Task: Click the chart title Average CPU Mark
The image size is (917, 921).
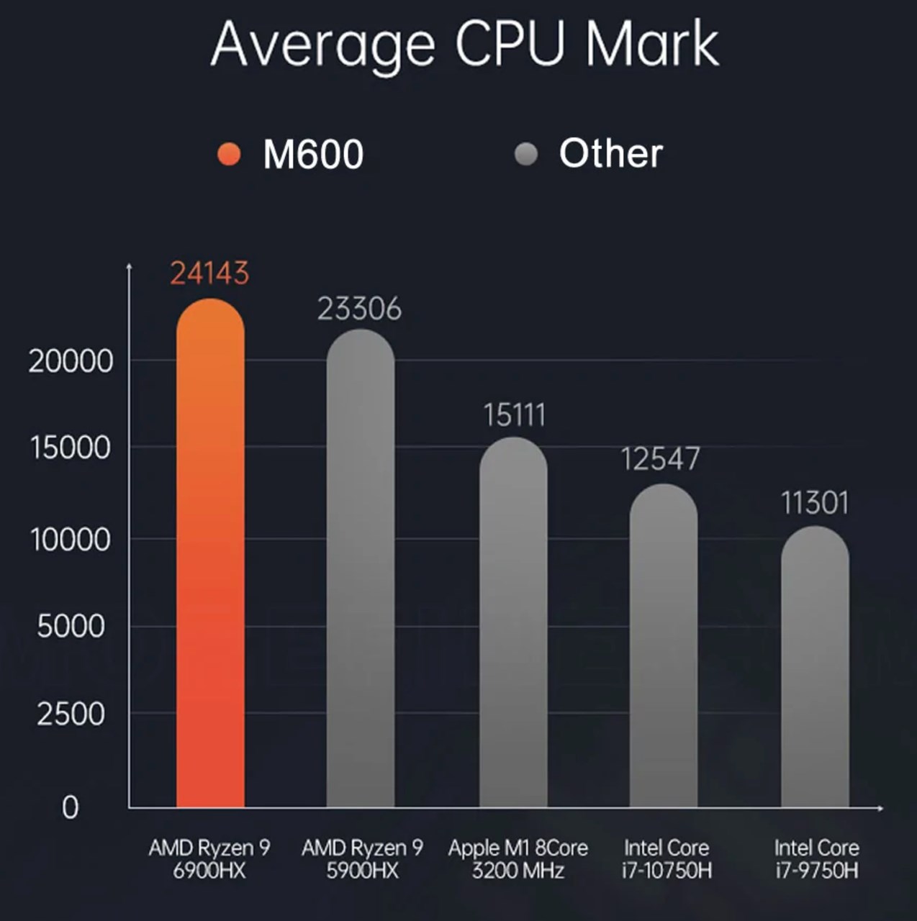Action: tap(464, 45)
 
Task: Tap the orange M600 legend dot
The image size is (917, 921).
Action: tap(229, 154)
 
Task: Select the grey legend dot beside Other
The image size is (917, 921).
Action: tap(526, 154)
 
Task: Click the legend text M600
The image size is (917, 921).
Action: tap(313, 155)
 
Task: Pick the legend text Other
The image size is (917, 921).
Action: tap(611, 153)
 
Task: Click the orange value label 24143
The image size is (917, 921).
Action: tap(209, 273)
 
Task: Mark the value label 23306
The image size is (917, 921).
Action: tap(359, 309)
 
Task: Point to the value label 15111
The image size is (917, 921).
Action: tap(514, 415)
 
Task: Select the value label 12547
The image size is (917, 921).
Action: tap(660, 459)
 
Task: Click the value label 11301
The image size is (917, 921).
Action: tap(815, 503)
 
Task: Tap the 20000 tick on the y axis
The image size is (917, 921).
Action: tap(71, 361)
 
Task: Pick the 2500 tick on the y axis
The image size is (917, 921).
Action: tap(71, 714)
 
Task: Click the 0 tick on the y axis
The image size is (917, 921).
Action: tap(70, 808)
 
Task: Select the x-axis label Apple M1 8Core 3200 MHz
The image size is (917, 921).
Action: tap(518, 859)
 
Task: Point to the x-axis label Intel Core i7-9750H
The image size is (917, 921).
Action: tap(816, 859)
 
